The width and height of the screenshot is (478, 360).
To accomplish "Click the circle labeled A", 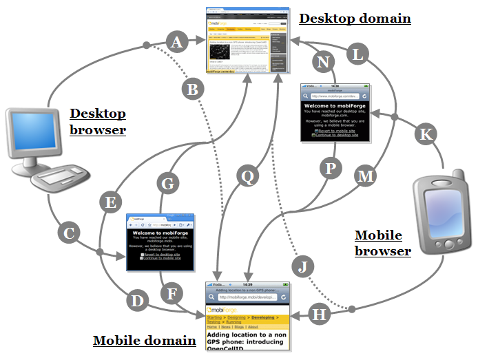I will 178,43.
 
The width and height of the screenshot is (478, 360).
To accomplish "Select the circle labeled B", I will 194,88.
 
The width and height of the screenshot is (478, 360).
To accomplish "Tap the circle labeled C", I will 68,233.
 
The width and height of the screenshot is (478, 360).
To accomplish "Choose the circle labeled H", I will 318,314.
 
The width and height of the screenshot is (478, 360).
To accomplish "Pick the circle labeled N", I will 321,61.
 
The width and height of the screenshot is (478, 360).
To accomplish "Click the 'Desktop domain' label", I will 355,18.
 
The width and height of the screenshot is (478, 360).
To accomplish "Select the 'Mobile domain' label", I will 145,340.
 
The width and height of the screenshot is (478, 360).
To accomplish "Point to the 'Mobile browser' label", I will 382,243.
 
